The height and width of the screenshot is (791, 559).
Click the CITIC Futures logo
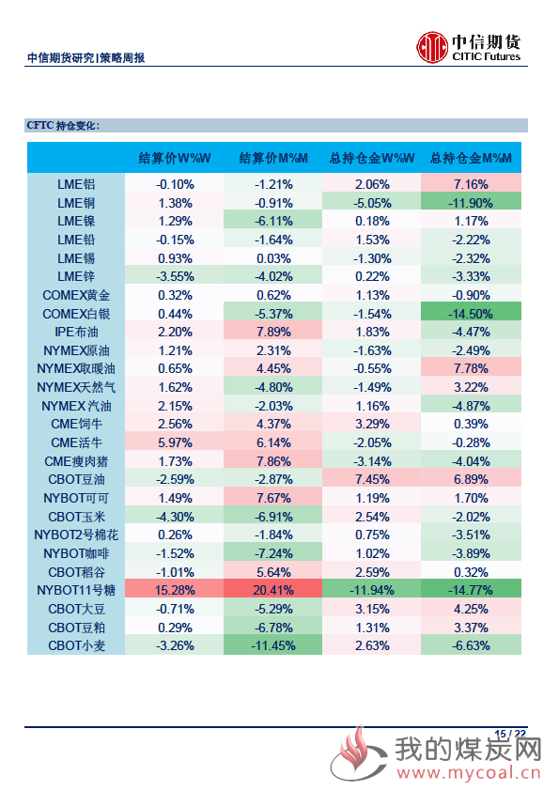pyautogui.click(x=469, y=47)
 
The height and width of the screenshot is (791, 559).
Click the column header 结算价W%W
pyautogui.click(x=175, y=159)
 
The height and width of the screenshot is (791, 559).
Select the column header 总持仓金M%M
pyautogui.click(x=471, y=159)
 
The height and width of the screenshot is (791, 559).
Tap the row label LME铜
pyautogui.click(x=76, y=203)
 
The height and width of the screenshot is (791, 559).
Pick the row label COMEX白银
pyautogui.click(x=76, y=314)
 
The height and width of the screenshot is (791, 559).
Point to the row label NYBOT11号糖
pyautogui.click(x=76, y=590)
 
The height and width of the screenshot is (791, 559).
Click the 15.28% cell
pyautogui.click(x=175, y=590)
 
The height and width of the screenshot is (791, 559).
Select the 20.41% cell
pyautogui.click(x=273, y=590)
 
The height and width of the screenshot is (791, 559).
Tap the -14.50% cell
pyautogui.click(x=471, y=314)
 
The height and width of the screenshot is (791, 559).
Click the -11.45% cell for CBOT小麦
pyautogui.click(x=273, y=645)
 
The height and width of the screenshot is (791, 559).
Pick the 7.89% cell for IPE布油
pyautogui.click(x=273, y=332)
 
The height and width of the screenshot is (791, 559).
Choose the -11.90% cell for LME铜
pyautogui.click(x=471, y=203)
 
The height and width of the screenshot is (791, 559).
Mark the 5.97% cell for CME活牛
pyautogui.click(x=175, y=442)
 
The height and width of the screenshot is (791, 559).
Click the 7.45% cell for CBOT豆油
pyautogui.click(x=372, y=479)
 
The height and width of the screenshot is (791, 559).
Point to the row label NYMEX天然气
pyautogui.click(x=76, y=387)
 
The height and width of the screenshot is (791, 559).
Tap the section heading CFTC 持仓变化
pyautogui.click(x=63, y=126)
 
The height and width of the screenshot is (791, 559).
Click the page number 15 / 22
pyautogui.click(x=510, y=734)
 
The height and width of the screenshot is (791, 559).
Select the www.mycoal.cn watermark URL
pyautogui.click(x=469, y=772)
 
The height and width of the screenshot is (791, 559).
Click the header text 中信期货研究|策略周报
pyautogui.click(x=85, y=58)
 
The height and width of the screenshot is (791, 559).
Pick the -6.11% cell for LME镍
pyautogui.click(x=273, y=221)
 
